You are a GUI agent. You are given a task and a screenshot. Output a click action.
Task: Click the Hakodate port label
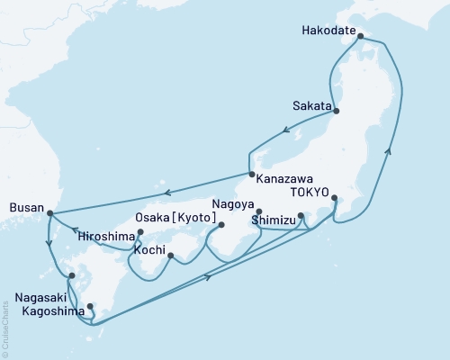326,28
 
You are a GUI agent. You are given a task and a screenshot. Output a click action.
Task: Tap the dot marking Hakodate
361,37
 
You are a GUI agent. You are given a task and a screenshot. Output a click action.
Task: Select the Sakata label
311,103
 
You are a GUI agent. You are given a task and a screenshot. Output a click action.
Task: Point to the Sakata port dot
338,111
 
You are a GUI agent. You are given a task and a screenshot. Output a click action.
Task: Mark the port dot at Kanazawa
251,174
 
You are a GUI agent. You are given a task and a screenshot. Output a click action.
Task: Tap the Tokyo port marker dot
335,198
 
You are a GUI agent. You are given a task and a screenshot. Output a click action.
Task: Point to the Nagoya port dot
259,211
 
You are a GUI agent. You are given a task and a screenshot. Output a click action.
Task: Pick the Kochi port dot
170,256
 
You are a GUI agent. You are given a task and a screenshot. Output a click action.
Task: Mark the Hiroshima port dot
139,233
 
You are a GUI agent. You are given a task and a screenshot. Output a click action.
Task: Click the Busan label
25,205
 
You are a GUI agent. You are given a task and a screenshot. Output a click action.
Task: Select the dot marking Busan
49,213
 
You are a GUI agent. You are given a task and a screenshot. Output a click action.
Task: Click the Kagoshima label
43,307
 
